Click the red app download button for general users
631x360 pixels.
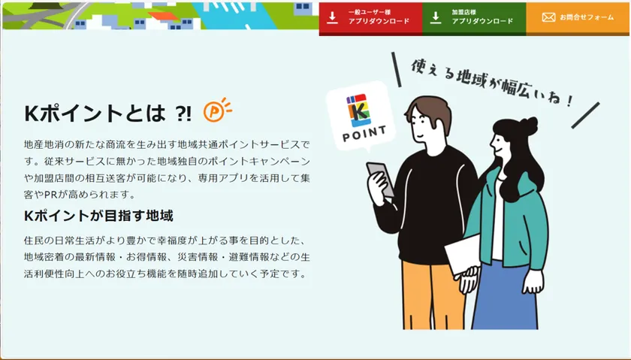(370, 19)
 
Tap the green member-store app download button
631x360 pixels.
(474, 19)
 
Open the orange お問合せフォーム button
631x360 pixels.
(578, 19)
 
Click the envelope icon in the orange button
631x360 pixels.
(548, 17)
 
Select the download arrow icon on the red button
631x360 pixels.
(332, 18)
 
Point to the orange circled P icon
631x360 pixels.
(217, 110)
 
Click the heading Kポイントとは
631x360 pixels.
(95, 113)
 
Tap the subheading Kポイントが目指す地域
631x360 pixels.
(98, 216)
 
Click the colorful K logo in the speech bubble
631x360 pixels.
(358, 110)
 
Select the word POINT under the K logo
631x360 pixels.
(364, 134)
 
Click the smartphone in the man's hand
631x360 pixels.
(380, 179)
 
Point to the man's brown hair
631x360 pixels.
(430, 110)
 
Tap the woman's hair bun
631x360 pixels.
(528, 126)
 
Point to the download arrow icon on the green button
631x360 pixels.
(436, 18)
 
